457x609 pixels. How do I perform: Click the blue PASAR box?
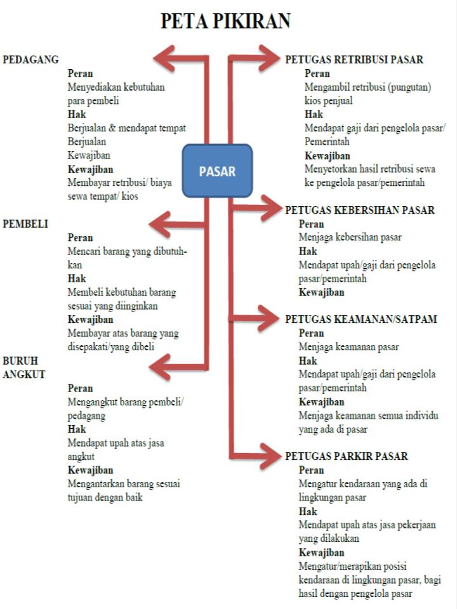tap(218, 171)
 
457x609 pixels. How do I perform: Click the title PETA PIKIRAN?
tap(225, 22)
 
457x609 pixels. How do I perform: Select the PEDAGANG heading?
tap(30, 60)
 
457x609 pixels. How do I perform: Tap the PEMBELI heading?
tap(25, 224)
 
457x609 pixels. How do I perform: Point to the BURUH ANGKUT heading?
tap(23, 367)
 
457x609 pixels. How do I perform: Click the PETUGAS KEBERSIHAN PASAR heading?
tap(359, 210)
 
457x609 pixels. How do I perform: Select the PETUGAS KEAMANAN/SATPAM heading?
tap(361, 319)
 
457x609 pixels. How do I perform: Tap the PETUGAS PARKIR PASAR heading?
tap(346, 456)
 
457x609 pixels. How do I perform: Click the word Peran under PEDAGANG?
tap(80, 74)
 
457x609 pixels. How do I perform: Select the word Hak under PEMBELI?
tap(76, 278)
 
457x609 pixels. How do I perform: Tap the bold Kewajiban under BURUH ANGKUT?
tap(90, 470)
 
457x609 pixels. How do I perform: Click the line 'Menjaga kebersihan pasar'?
tap(350, 237)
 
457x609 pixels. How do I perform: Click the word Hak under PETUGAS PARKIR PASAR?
tap(308, 511)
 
